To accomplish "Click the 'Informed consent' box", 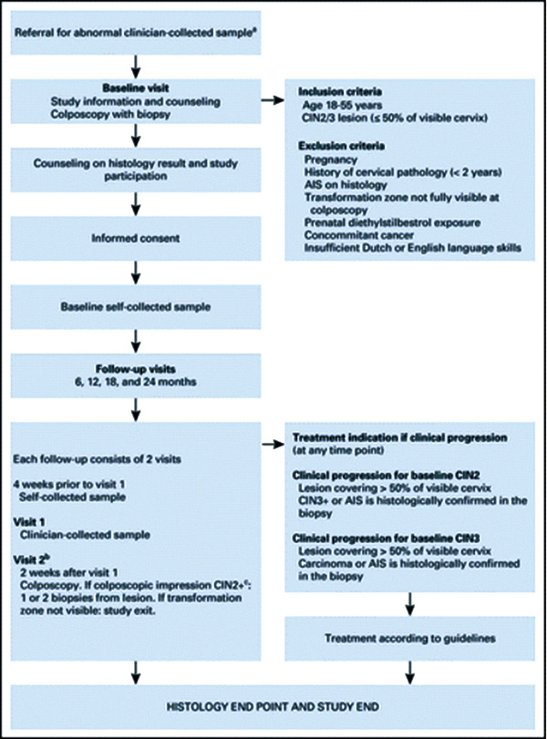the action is click(136, 239).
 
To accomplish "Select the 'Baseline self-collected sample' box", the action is click(136, 307).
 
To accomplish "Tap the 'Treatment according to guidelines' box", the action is click(409, 639).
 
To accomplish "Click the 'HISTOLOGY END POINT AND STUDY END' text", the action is click(273, 707).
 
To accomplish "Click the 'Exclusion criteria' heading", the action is click(341, 146).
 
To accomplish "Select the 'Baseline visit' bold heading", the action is click(136, 88).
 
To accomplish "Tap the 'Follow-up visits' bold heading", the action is click(136, 369).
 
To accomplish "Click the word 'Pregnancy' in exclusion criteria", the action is click(331, 159).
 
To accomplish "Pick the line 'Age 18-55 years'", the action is click(342, 105).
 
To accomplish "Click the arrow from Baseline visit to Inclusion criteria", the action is click(273, 100).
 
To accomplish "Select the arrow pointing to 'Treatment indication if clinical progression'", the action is click(273, 444).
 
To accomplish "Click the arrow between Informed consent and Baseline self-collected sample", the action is click(136, 272).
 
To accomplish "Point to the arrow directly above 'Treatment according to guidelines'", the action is click(409, 604).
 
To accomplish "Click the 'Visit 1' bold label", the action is click(29, 522).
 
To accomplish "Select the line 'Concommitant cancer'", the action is click(359, 235).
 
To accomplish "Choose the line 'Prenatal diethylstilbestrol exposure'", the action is click(392, 222).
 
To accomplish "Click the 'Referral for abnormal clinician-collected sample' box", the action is click(136, 33).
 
